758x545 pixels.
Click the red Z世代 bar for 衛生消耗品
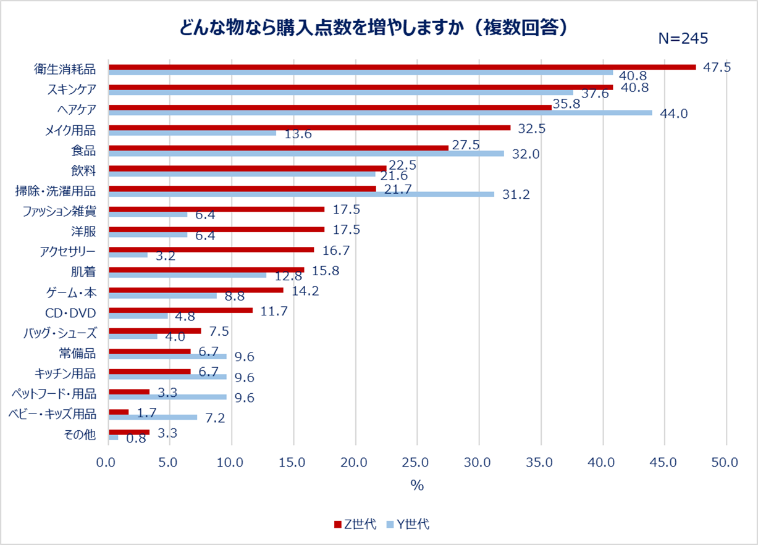pos(402,67)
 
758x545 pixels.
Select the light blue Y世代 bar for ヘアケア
pos(380,113)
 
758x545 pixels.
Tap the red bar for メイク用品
pos(310,128)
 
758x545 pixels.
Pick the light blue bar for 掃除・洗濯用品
pos(301,194)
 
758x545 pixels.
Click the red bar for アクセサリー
pos(211,250)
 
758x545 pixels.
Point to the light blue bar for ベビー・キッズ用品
pos(153,417)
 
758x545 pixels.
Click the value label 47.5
pos(717,67)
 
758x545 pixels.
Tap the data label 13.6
pos(298,134)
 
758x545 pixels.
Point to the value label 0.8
pos(136,438)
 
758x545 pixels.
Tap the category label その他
pos(80,435)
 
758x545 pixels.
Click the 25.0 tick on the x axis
pos(417,462)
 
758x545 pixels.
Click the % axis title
pos(417,486)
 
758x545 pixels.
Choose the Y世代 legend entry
pos(408,525)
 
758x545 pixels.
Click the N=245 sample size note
pos(683,38)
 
